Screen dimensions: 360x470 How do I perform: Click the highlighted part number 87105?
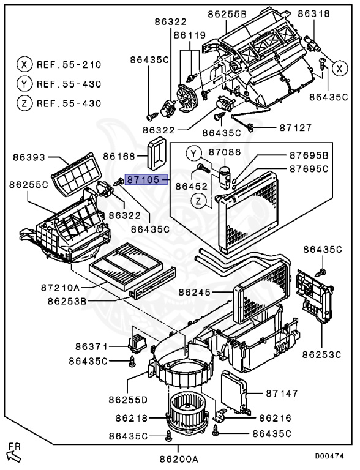pos(143,180)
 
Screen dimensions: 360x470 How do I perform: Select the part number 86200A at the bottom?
pos(179,459)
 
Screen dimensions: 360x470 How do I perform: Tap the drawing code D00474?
pos(329,456)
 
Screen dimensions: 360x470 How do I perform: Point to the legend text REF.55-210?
pos(69,64)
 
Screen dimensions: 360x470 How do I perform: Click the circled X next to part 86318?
pos(340,69)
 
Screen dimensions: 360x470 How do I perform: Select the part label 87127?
pos(296,128)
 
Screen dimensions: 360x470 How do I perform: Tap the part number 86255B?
pos(227,14)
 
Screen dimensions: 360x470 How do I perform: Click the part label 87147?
pos(282,393)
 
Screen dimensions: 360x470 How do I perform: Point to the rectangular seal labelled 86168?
pos(157,153)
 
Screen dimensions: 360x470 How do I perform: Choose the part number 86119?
pos(190,35)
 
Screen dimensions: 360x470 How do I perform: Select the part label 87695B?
pos(309,155)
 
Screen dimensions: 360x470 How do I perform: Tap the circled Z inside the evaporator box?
pos(198,201)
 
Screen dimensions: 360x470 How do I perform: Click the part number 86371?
pos(91,347)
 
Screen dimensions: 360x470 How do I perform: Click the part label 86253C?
pos(321,354)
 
